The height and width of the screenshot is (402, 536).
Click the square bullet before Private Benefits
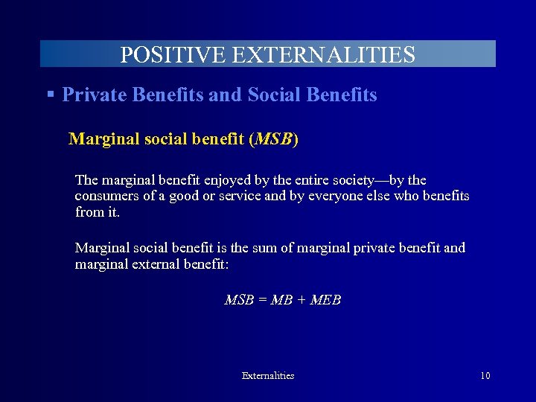(51, 95)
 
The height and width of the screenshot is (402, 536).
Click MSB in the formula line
(238, 300)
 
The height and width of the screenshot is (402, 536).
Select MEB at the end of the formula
(325, 300)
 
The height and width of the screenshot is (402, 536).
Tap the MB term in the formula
(281, 300)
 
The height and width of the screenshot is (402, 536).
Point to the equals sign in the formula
(261, 300)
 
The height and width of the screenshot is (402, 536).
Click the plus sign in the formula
(300, 300)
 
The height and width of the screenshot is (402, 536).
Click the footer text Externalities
(268, 376)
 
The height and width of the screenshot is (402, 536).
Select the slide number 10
(485, 376)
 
